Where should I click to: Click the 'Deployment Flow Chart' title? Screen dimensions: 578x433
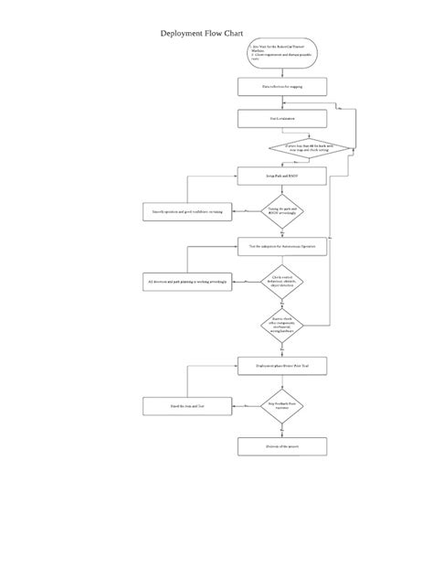(x=200, y=32)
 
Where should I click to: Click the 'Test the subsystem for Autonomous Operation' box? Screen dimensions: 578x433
(x=282, y=244)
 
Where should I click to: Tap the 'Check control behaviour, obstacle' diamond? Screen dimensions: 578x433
(x=282, y=282)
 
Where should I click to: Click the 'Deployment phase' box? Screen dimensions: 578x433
(x=282, y=365)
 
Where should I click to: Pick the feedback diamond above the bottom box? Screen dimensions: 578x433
(x=282, y=404)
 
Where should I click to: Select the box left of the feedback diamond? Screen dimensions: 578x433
(x=186, y=404)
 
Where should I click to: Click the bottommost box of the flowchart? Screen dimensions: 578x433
(x=282, y=446)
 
